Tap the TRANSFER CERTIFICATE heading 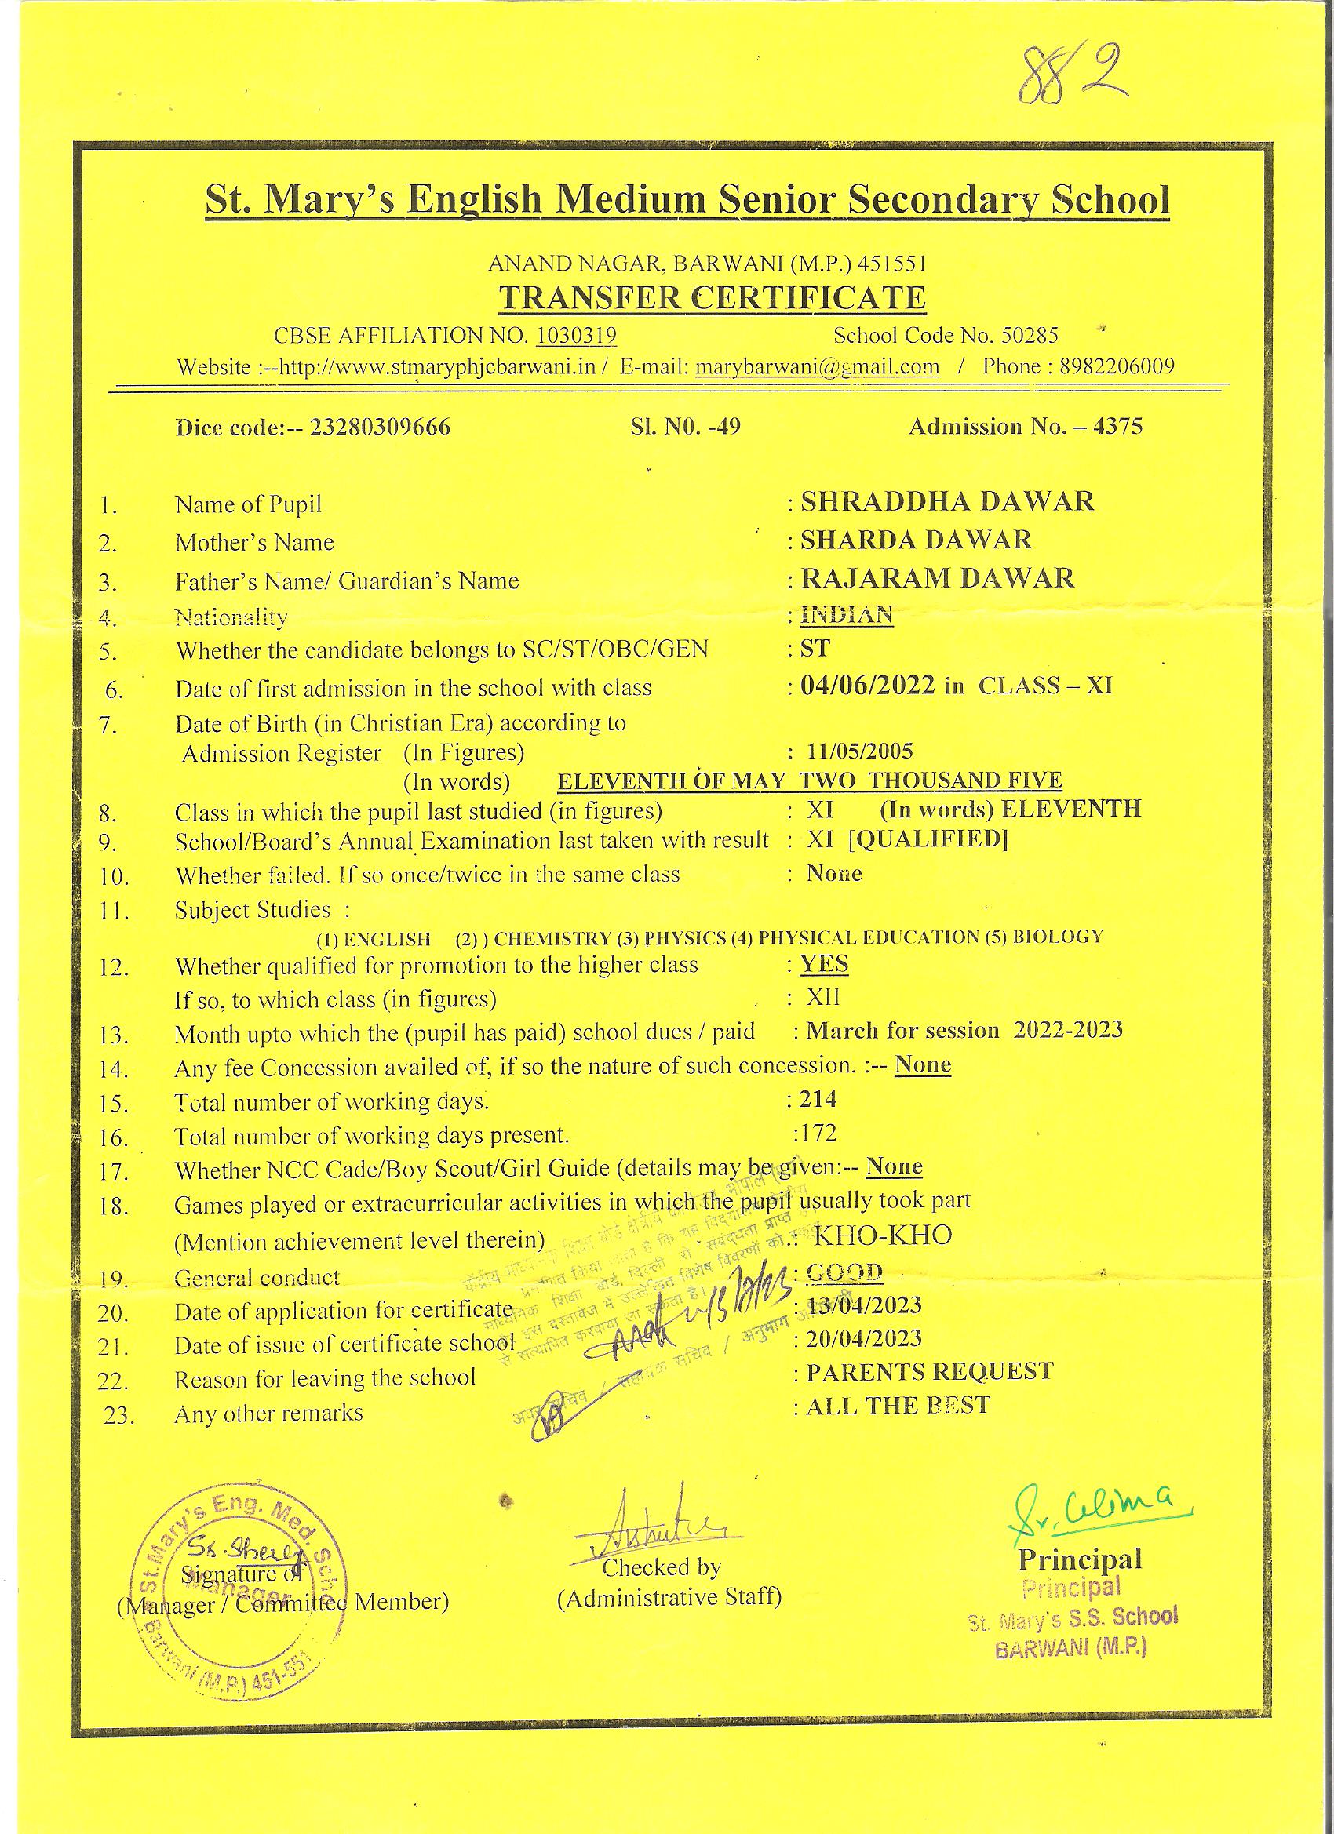coord(711,297)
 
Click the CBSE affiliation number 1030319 coord(576,336)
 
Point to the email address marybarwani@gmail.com coord(817,367)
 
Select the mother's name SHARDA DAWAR coord(916,540)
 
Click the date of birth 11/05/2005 coord(859,751)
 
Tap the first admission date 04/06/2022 coord(868,686)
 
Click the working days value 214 coord(818,1098)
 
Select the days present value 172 coord(818,1132)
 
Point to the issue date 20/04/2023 coord(863,1338)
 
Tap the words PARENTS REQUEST coord(930,1371)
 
